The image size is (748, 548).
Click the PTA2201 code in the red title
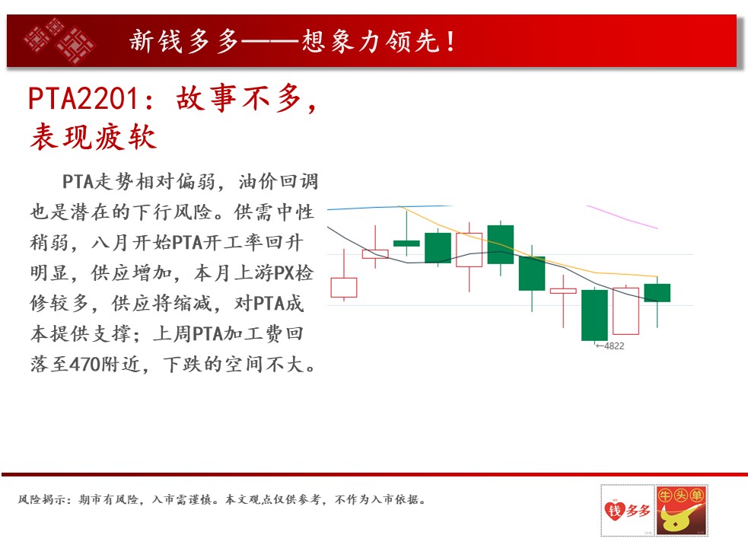84,99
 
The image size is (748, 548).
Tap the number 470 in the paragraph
85,365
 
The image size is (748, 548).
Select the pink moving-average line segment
622,217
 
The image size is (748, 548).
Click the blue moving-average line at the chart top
390,208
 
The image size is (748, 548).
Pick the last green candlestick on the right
657,292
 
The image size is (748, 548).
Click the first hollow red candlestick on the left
343,288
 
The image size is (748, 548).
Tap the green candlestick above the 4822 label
594,315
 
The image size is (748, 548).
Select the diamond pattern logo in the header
59,40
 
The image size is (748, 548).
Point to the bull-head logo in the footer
681,510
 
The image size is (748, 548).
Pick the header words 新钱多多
183,41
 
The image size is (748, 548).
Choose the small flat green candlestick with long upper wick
406,244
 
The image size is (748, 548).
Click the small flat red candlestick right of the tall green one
563,291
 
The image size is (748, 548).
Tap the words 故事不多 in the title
239,99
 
